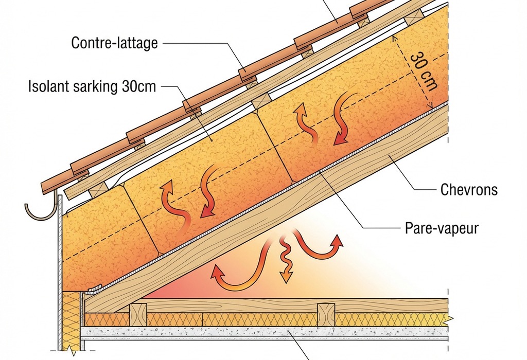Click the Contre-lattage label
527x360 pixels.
(x=114, y=42)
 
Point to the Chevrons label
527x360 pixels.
(x=469, y=190)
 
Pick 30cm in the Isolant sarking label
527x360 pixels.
(x=138, y=86)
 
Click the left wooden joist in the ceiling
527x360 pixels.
(x=138, y=314)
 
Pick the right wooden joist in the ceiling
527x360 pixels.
(x=326, y=314)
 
